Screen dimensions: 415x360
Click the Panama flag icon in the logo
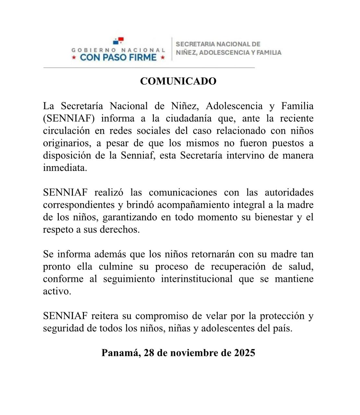pos(118,41)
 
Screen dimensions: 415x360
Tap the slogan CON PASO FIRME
pos(118,58)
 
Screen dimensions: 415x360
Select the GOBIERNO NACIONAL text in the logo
pos(118,50)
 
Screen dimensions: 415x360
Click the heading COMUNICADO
pos(178,81)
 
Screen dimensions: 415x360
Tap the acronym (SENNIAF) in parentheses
pos(69,118)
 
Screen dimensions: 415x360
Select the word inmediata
pos(65,168)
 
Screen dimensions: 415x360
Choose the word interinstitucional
pos(197,279)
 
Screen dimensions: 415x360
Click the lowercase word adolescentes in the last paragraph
pos(228,328)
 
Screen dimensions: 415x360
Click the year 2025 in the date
pos(245,353)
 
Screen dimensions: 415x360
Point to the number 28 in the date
pos(149,353)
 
